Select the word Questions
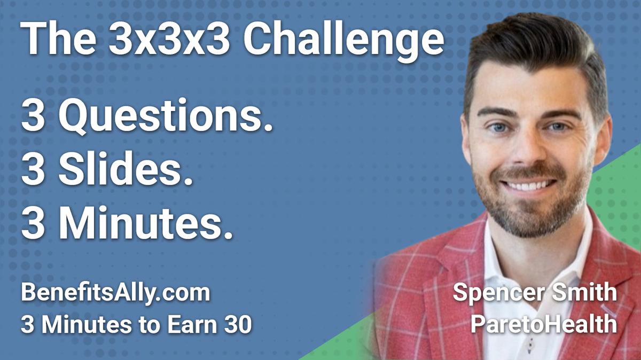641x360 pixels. click(163, 118)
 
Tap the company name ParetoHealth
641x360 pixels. click(543, 324)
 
